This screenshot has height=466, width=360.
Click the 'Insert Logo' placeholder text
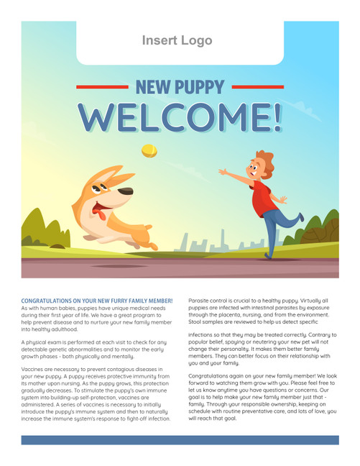click(x=177, y=40)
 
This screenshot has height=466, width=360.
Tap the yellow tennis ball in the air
click(x=149, y=150)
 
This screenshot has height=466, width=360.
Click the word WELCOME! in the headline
click(x=180, y=116)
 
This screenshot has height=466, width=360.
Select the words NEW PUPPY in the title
click(x=180, y=88)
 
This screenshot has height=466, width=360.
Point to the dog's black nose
click(x=126, y=192)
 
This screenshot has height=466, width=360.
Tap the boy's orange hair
click(x=265, y=160)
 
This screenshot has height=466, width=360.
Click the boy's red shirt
click(x=263, y=198)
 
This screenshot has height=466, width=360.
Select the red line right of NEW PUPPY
click(x=257, y=86)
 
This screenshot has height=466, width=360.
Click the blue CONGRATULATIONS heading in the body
click(x=97, y=300)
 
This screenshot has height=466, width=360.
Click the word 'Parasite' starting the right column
click(x=200, y=300)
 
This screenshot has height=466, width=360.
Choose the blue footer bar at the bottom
click(x=180, y=439)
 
